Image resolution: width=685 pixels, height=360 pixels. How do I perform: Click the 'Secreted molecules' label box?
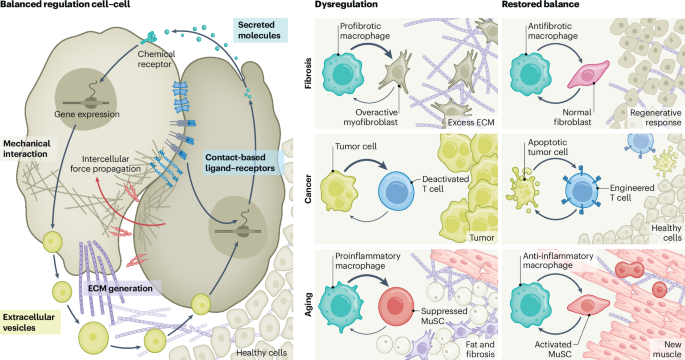pyautogui.click(x=260, y=30)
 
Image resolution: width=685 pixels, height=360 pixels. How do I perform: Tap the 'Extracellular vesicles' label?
pyautogui.click(x=29, y=322)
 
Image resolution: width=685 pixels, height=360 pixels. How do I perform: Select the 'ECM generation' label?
pyautogui.click(x=120, y=288)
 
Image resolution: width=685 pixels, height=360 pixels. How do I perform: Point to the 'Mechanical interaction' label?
pyautogui.click(x=27, y=149)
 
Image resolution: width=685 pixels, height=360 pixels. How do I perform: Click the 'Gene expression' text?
pyautogui.click(x=87, y=114)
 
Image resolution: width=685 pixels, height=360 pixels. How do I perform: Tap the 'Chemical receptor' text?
pyautogui.click(x=156, y=59)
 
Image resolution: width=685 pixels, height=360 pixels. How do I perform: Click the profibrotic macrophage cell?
pyautogui.click(x=343, y=74)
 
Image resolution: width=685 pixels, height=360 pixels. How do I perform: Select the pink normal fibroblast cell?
pyautogui.click(x=588, y=74)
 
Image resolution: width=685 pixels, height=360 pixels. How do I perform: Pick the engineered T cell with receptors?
pyautogui.click(x=581, y=190)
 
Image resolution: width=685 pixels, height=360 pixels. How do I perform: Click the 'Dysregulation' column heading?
pyautogui.click(x=346, y=4)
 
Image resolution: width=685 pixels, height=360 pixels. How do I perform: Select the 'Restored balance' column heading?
pyautogui.click(x=540, y=4)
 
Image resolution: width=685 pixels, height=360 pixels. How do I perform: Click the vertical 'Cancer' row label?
pyautogui.click(x=308, y=189)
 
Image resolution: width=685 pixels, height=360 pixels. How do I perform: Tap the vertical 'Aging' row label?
pyautogui.click(x=308, y=304)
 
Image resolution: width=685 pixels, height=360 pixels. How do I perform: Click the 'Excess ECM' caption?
pyautogui.click(x=471, y=123)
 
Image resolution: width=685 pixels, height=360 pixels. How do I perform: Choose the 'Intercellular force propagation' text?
pyautogui.click(x=106, y=164)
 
